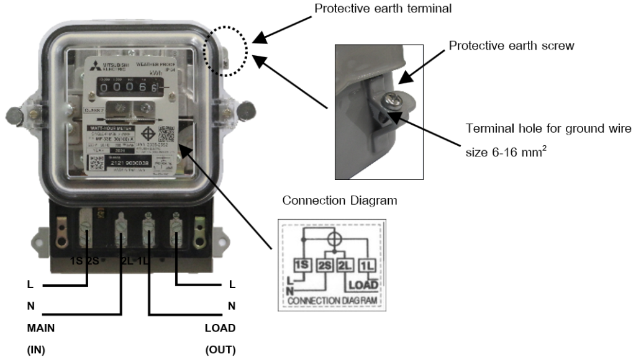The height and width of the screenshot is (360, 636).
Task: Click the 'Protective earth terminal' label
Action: click(383, 9)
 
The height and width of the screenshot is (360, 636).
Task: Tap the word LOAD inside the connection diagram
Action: click(364, 285)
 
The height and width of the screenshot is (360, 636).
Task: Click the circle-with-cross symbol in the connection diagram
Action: click(334, 238)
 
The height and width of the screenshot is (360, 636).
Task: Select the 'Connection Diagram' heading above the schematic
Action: click(340, 200)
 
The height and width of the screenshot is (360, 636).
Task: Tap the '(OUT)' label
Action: click(220, 350)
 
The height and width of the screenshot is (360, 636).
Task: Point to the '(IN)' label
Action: click(36, 350)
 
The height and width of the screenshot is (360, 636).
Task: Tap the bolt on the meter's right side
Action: click(247, 111)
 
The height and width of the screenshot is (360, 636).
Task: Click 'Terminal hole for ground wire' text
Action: click(548, 128)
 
